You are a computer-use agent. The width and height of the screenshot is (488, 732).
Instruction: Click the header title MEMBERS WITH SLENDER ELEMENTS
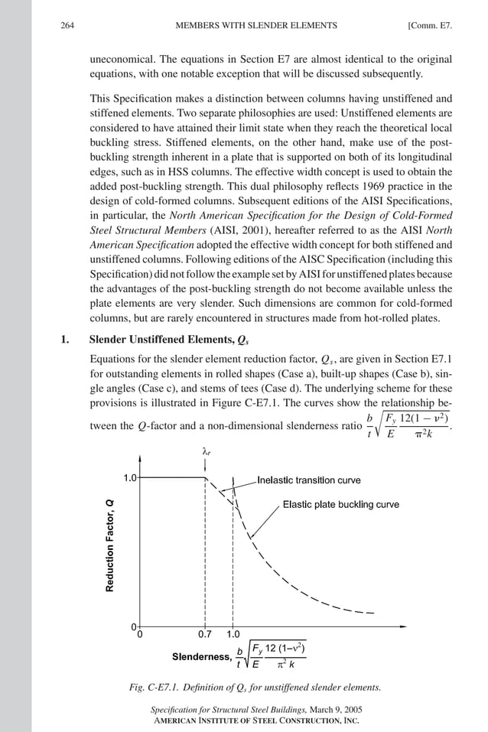(256, 25)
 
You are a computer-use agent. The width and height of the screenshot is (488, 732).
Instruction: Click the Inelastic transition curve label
(308, 480)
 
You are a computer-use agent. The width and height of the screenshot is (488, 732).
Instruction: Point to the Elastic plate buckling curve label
(340, 505)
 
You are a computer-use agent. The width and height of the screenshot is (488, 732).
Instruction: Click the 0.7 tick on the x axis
(205, 634)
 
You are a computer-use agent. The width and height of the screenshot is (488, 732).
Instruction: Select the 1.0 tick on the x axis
(233, 634)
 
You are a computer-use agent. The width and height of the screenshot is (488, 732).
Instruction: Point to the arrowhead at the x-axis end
(403, 626)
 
